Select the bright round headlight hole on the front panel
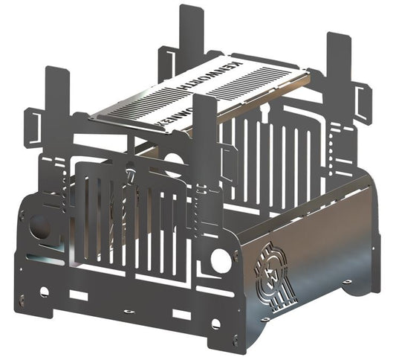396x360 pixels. pos(220,260)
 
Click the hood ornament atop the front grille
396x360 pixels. pos(131,177)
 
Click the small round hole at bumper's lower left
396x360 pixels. pos(45,292)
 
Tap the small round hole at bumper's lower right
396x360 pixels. pos(216,324)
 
